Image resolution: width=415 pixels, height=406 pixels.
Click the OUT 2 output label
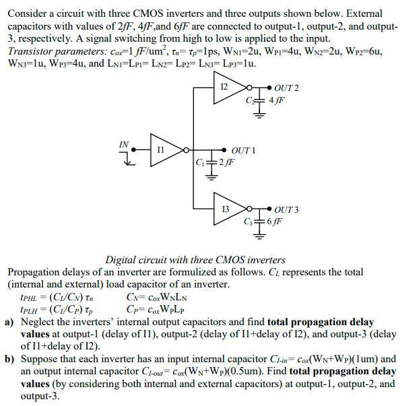pyautogui.click(x=287, y=88)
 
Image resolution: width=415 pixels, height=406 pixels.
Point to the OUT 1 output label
pyautogui.click(x=243, y=149)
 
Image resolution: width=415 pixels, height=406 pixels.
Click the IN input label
pyautogui.click(x=124, y=144)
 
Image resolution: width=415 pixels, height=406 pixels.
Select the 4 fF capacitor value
pyautogui.click(x=276, y=100)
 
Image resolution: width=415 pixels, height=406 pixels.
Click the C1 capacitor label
pyautogui.click(x=200, y=161)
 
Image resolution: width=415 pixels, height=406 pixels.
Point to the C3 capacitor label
pyautogui.click(x=250, y=221)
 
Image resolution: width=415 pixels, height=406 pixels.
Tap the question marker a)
pyautogui.click(x=9, y=323)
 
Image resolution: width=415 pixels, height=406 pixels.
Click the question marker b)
pyautogui.click(x=9, y=360)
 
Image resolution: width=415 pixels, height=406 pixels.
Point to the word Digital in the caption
pyautogui.click(x=121, y=260)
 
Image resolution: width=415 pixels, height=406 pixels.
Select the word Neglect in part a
pyautogui.click(x=38, y=323)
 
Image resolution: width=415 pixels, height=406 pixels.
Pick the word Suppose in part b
pyautogui.click(x=39, y=360)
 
